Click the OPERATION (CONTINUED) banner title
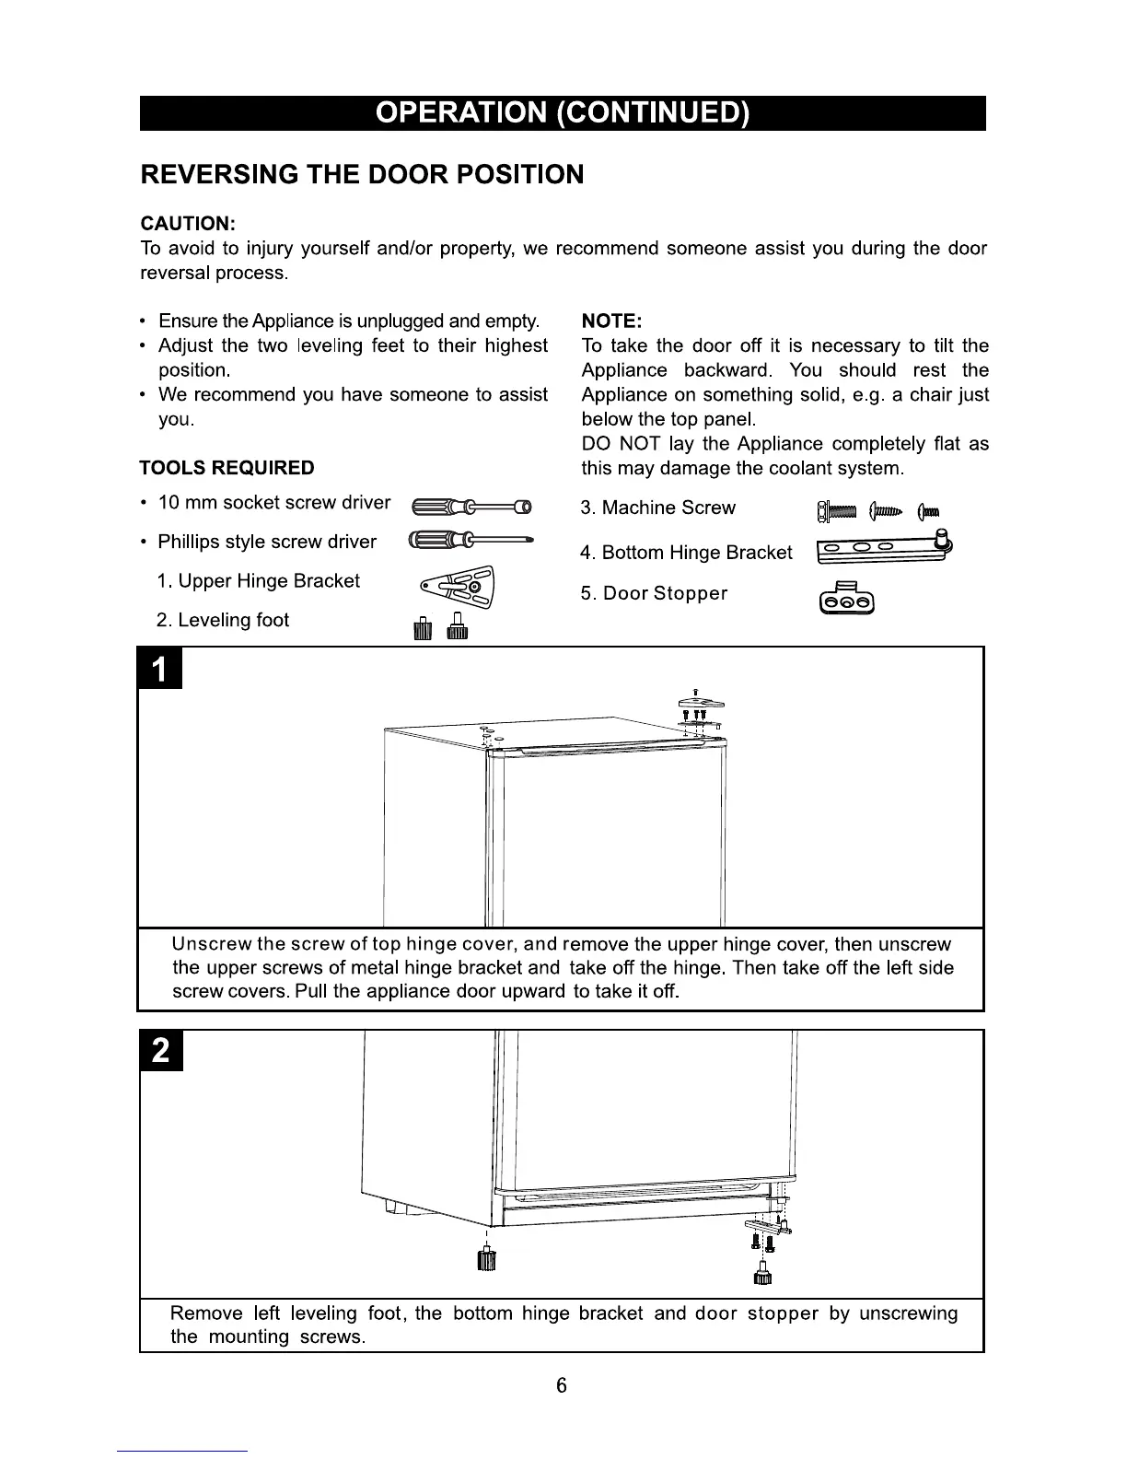[563, 113]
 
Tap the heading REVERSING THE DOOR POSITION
[362, 175]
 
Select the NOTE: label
[611, 321]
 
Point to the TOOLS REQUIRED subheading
[227, 468]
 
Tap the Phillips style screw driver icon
[471, 541]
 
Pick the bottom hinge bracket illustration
[884, 550]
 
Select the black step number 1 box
[160, 670]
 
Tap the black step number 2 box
[161, 1051]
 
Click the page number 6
[562, 1385]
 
